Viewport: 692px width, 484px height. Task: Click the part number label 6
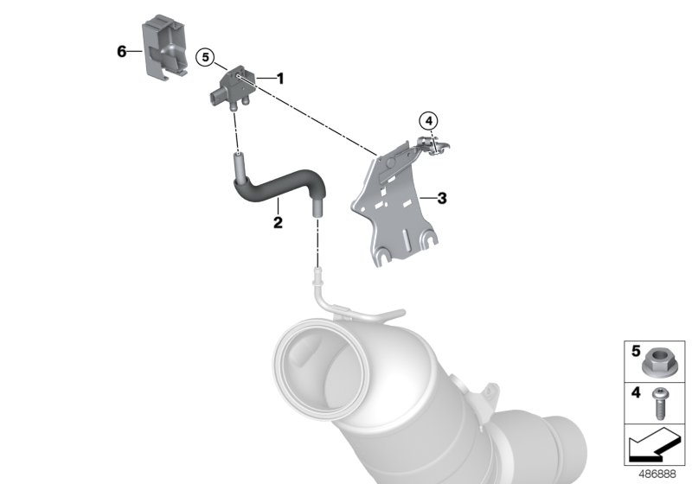pyautogui.click(x=122, y=51)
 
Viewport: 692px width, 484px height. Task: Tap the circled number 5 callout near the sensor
pyautogui.click(x=205, y=58)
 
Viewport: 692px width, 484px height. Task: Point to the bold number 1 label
pyautogui.click(x=279, y=78)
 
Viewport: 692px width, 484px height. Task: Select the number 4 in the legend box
pyautogui.click(x=635, y=393)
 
